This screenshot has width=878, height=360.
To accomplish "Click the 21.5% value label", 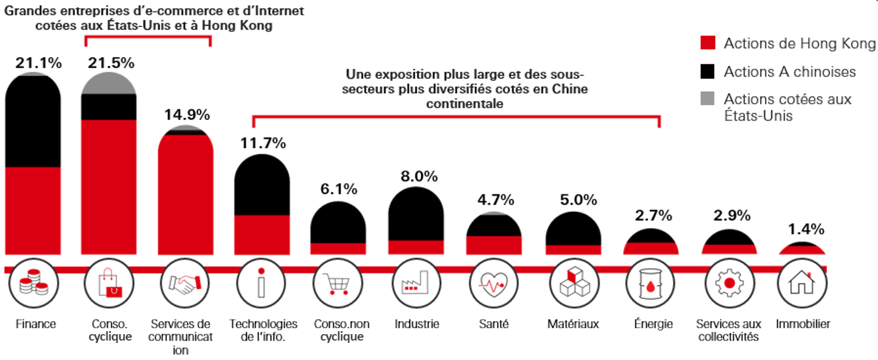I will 111,63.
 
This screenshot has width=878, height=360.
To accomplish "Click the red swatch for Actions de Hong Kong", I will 708,43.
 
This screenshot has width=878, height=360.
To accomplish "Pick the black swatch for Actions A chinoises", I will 708,72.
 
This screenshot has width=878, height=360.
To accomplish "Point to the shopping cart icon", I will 338,284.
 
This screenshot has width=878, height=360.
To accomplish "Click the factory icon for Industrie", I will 416,284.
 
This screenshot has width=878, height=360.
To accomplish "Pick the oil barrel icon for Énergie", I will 650,284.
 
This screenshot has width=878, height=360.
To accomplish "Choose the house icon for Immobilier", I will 802,284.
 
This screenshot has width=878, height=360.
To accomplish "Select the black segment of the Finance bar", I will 33,124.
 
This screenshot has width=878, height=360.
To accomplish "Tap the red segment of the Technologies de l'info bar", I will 262,234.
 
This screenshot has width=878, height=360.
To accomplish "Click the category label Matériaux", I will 573,324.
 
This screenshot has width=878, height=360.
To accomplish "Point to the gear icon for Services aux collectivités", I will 729,284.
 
